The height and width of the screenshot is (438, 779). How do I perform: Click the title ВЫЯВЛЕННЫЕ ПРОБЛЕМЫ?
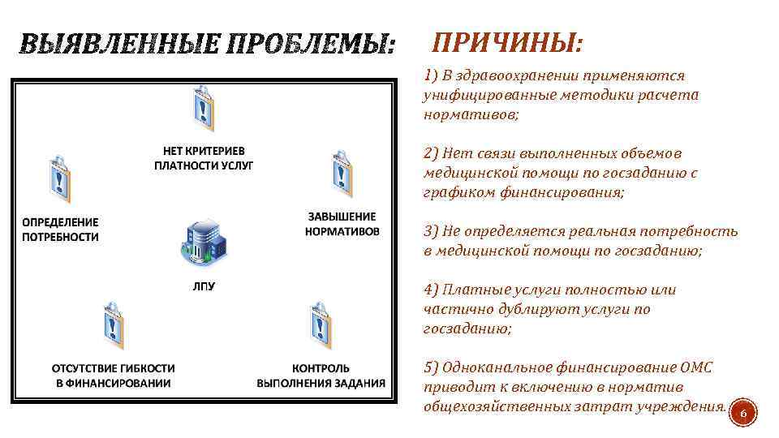click(206, 45)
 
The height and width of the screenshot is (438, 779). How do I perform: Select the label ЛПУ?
click(204, 286)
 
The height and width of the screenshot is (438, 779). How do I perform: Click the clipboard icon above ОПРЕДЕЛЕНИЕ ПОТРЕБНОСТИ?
click(59, 178)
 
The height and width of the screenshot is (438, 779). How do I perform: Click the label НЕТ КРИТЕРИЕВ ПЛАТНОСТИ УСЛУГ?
click(204, 158)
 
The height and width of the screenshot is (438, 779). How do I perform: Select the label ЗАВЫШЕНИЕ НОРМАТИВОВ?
click(342, 223)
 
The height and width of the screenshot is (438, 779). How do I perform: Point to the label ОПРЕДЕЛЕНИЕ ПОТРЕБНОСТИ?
click(60, 230)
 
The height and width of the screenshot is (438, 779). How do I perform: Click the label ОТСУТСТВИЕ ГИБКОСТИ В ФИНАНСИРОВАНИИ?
click(113, 376)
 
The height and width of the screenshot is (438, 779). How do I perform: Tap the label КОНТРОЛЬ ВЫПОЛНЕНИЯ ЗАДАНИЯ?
click(321, 376)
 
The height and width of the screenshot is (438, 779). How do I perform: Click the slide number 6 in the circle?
click(745, 415)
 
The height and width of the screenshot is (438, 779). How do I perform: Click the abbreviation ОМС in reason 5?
click(697, 367)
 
